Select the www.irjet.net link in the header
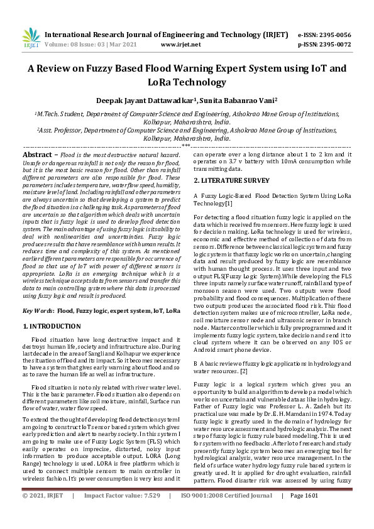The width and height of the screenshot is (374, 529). pyautogui.click(x=181, y=45)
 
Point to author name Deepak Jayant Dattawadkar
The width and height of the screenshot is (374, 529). pyautogui.click(x=140, y=99)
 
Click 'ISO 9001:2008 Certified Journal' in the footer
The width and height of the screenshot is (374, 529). pyautogui.click(x=226, y=513)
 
